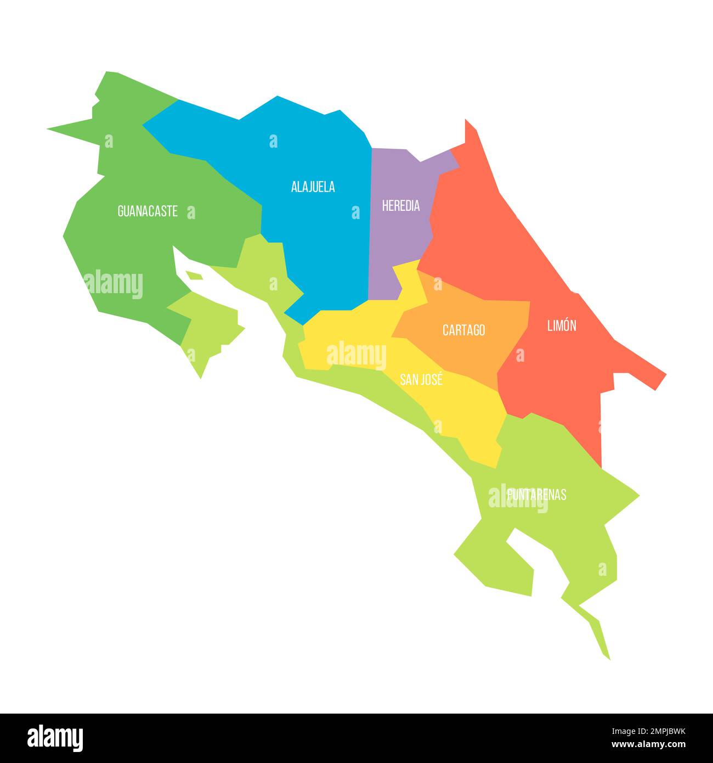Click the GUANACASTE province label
pyautogui.click(x=148, y=211)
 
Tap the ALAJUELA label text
pyautogui.click(x=313, y=187)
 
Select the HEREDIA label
pyautogui.click(x=401, y=206)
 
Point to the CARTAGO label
pyautogui.click(x=463, y=330)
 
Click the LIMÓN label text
pyautogui.click(x=562, y=326)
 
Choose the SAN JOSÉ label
pyautogui.click(x=421, y=379)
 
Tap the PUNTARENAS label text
pyautogui.click(x=536, y=495)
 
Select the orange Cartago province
pyautogui.click(x=466, y=351)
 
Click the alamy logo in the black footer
pyautogui.click(x=55, y=738)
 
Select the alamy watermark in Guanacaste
pyautogui.click(x=114, y=284)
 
